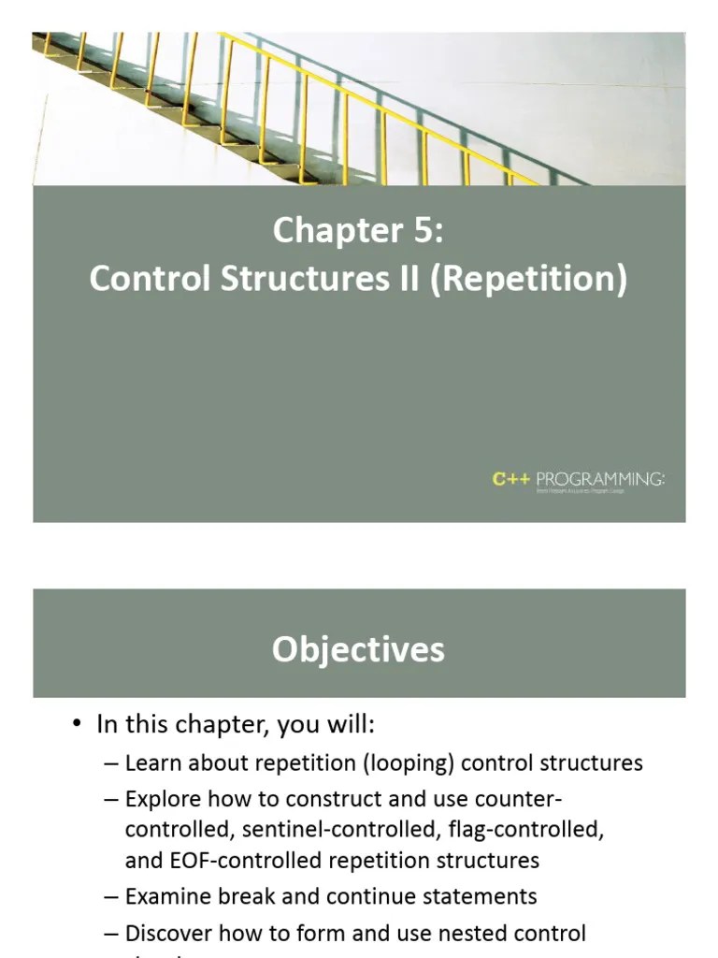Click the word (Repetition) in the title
tap(528, 280)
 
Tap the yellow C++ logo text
tap(511, 480)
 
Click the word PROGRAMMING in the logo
tap(600, 480)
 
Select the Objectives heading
tap(358, 649)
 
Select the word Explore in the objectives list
tap(163, 799)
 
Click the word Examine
tap(166, 896)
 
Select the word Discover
tap(168, 933)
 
